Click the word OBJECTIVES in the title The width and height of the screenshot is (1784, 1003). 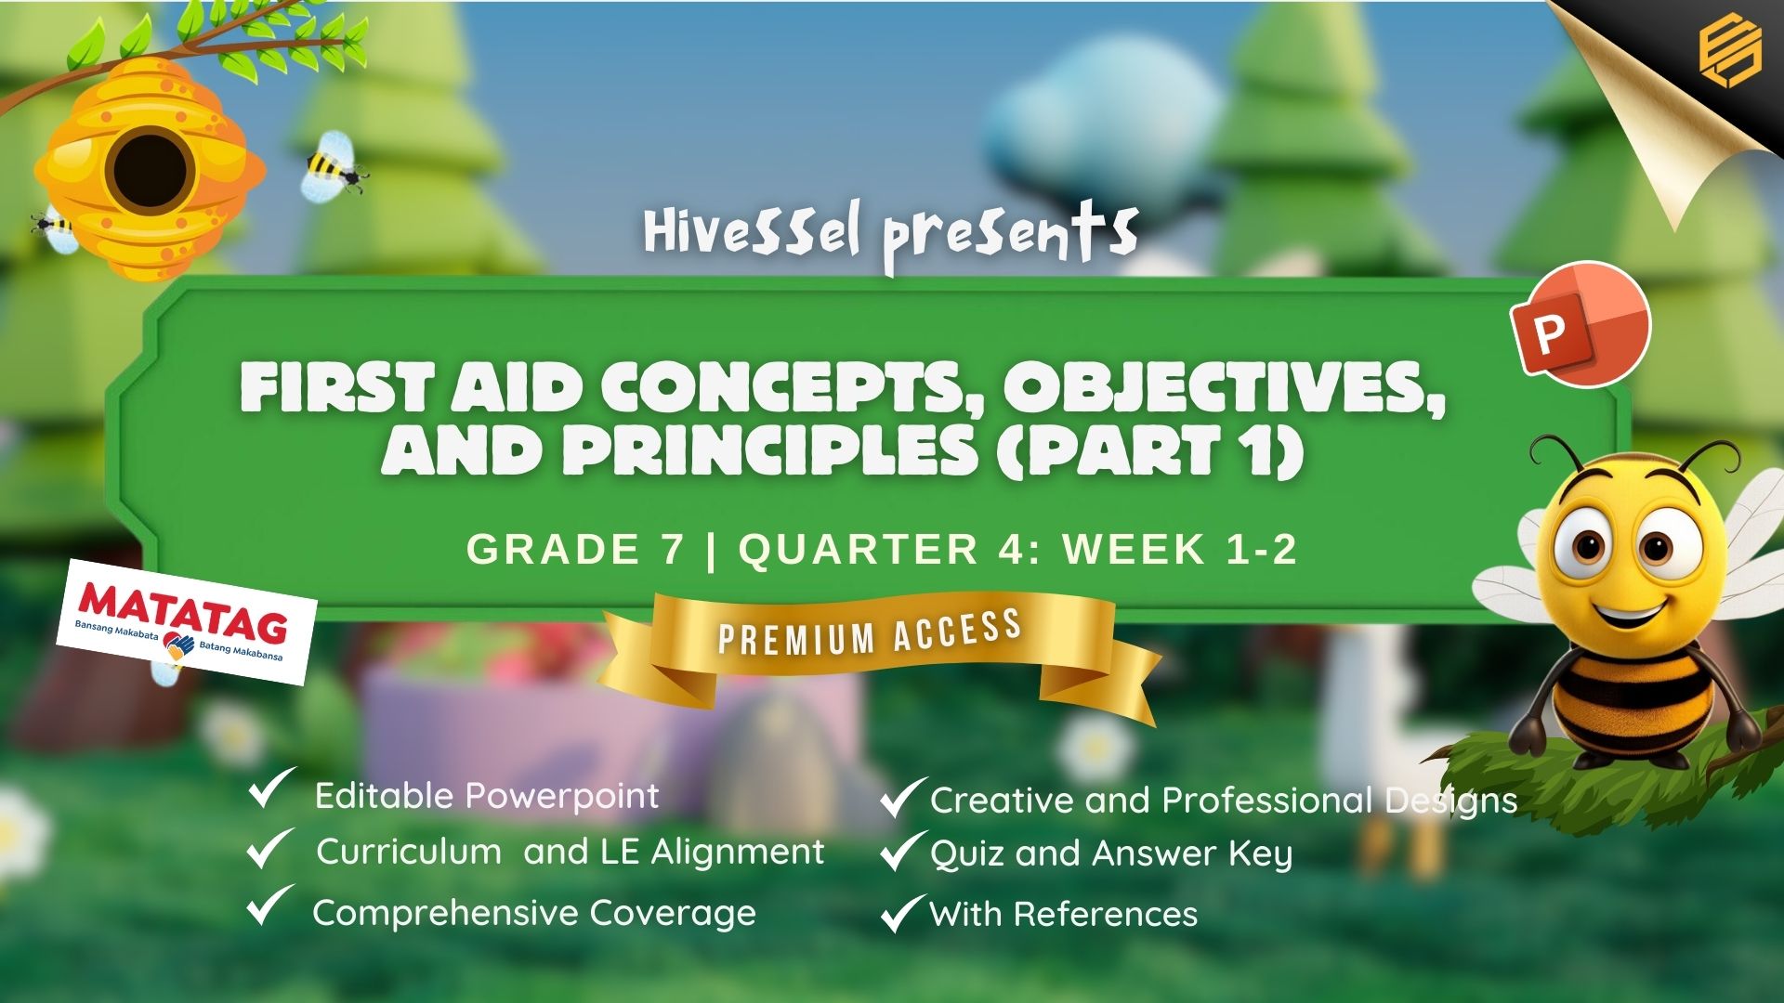point(1223,387)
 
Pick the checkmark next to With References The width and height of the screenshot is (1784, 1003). point(902,913)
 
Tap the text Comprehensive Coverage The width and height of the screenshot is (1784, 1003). point(534,914)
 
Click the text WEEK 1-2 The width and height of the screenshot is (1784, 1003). point(1180,549)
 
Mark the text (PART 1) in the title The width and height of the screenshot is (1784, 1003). point(1152,450)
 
